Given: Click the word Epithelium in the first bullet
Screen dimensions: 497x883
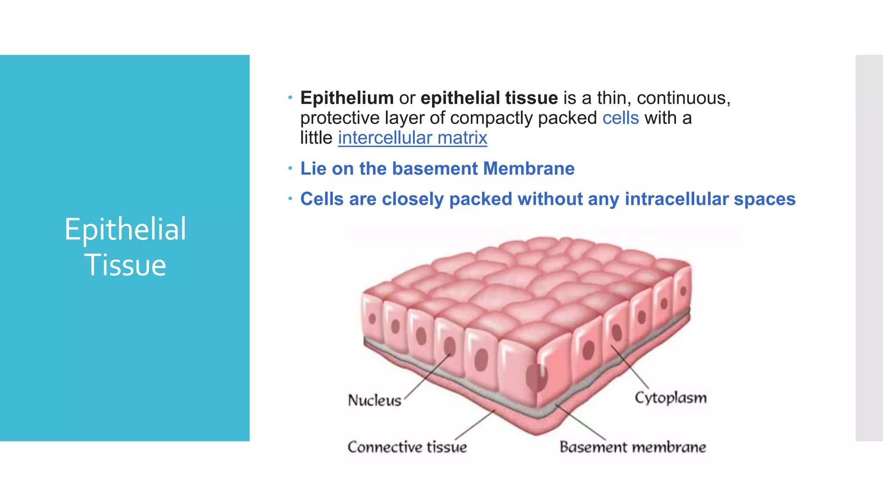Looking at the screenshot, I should (x=347, y=98).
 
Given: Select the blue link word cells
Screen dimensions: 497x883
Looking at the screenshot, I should (x=620, y=118).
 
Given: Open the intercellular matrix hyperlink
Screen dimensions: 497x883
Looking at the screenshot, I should (x=412, y=138).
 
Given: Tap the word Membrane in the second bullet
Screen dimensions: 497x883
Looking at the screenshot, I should (x=529, y=169).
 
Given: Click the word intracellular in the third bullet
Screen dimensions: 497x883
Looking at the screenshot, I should (x=676, y=199).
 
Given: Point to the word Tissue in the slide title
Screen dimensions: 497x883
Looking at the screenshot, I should (x=125, y=265).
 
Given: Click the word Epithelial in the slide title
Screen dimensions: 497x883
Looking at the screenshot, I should (x=125, y=229).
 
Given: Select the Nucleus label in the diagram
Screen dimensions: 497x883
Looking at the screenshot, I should (x=374, y=400).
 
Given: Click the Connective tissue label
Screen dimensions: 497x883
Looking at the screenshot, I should (x=407, y=447).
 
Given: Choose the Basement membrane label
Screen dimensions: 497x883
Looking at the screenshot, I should (x=633, y=447).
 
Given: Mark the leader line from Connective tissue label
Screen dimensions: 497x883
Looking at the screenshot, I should (x=474, y=425).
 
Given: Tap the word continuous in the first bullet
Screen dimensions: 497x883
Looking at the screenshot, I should (x=683, y=98).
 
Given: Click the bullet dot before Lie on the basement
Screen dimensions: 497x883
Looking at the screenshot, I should (x=290, y=168).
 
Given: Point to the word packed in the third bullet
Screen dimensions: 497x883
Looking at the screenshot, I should (x=480, y=199).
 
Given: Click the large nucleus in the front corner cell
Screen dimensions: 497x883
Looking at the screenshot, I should (x=536, y=377).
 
